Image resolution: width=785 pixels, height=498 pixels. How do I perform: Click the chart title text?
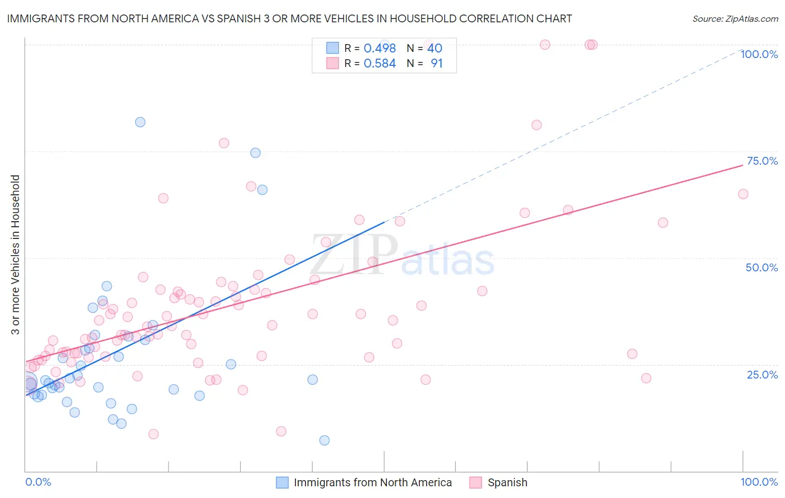point(289,18)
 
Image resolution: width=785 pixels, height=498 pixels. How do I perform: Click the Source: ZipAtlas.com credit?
point(735,18)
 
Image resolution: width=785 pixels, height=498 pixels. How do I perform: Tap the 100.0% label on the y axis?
point(759,54)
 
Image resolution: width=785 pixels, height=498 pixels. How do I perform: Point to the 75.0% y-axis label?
point(762,161)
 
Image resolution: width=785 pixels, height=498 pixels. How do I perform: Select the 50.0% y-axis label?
point(762,267)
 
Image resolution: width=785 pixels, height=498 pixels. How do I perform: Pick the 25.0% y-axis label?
point(762,375)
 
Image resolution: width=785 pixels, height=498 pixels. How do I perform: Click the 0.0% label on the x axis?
point(38,482)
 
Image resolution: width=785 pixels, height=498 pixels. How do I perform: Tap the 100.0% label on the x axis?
point(759,482)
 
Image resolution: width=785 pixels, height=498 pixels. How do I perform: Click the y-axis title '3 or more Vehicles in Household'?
point(16,255)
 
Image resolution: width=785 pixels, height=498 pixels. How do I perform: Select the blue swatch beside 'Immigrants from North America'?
point(283,482)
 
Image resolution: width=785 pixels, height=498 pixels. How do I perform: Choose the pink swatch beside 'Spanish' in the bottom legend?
point(476,482)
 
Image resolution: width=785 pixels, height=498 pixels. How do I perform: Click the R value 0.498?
point(380,49)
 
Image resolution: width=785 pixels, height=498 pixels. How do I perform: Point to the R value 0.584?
point(380,64)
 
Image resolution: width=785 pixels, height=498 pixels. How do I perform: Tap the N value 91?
point(437,64)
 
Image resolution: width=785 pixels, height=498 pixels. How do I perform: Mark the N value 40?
point(435,49)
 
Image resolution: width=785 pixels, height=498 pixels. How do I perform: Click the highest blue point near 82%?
point(140,122)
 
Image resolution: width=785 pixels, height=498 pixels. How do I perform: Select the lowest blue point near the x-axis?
point(324,440)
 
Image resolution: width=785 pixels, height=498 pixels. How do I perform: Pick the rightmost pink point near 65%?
point(743,194)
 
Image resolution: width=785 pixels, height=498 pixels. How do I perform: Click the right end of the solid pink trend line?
point(743,165)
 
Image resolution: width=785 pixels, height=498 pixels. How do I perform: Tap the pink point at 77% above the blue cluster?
point(224,143)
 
